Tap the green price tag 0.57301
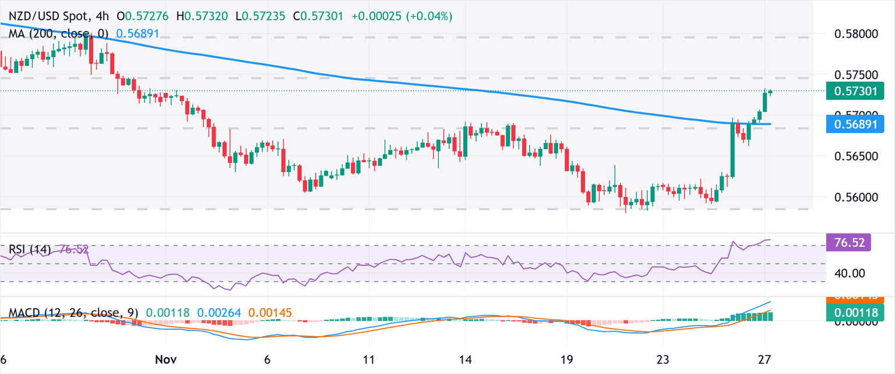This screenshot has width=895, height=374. point(855,90)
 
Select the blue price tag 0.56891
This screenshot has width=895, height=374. point(855,124)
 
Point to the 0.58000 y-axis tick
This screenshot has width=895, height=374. point(855,34)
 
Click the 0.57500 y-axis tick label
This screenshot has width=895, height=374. point(855,75)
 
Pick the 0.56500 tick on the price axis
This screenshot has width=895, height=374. point(855,156)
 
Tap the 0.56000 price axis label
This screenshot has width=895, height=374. point(855,197)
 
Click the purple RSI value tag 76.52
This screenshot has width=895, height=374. point(848,242)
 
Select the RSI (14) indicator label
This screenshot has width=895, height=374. point(30,250)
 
